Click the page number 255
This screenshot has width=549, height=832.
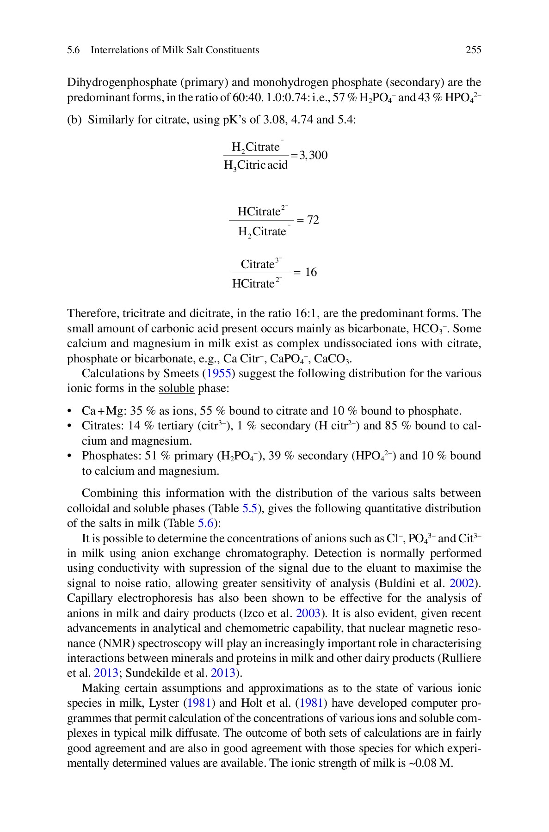[473, 50]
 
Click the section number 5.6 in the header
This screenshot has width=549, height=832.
[73, 50]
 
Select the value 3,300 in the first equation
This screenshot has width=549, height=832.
[314, 155]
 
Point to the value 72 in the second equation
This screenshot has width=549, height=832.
[313, 220]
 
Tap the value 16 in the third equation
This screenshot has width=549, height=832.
[311, 272]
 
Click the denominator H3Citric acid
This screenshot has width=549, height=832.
[255, 165]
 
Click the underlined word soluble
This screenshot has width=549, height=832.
[177, 388]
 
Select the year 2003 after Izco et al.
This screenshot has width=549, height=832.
[308, 613]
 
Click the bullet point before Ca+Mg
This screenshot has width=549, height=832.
[70, 411]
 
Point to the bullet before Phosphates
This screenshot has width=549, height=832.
[70, 456]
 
